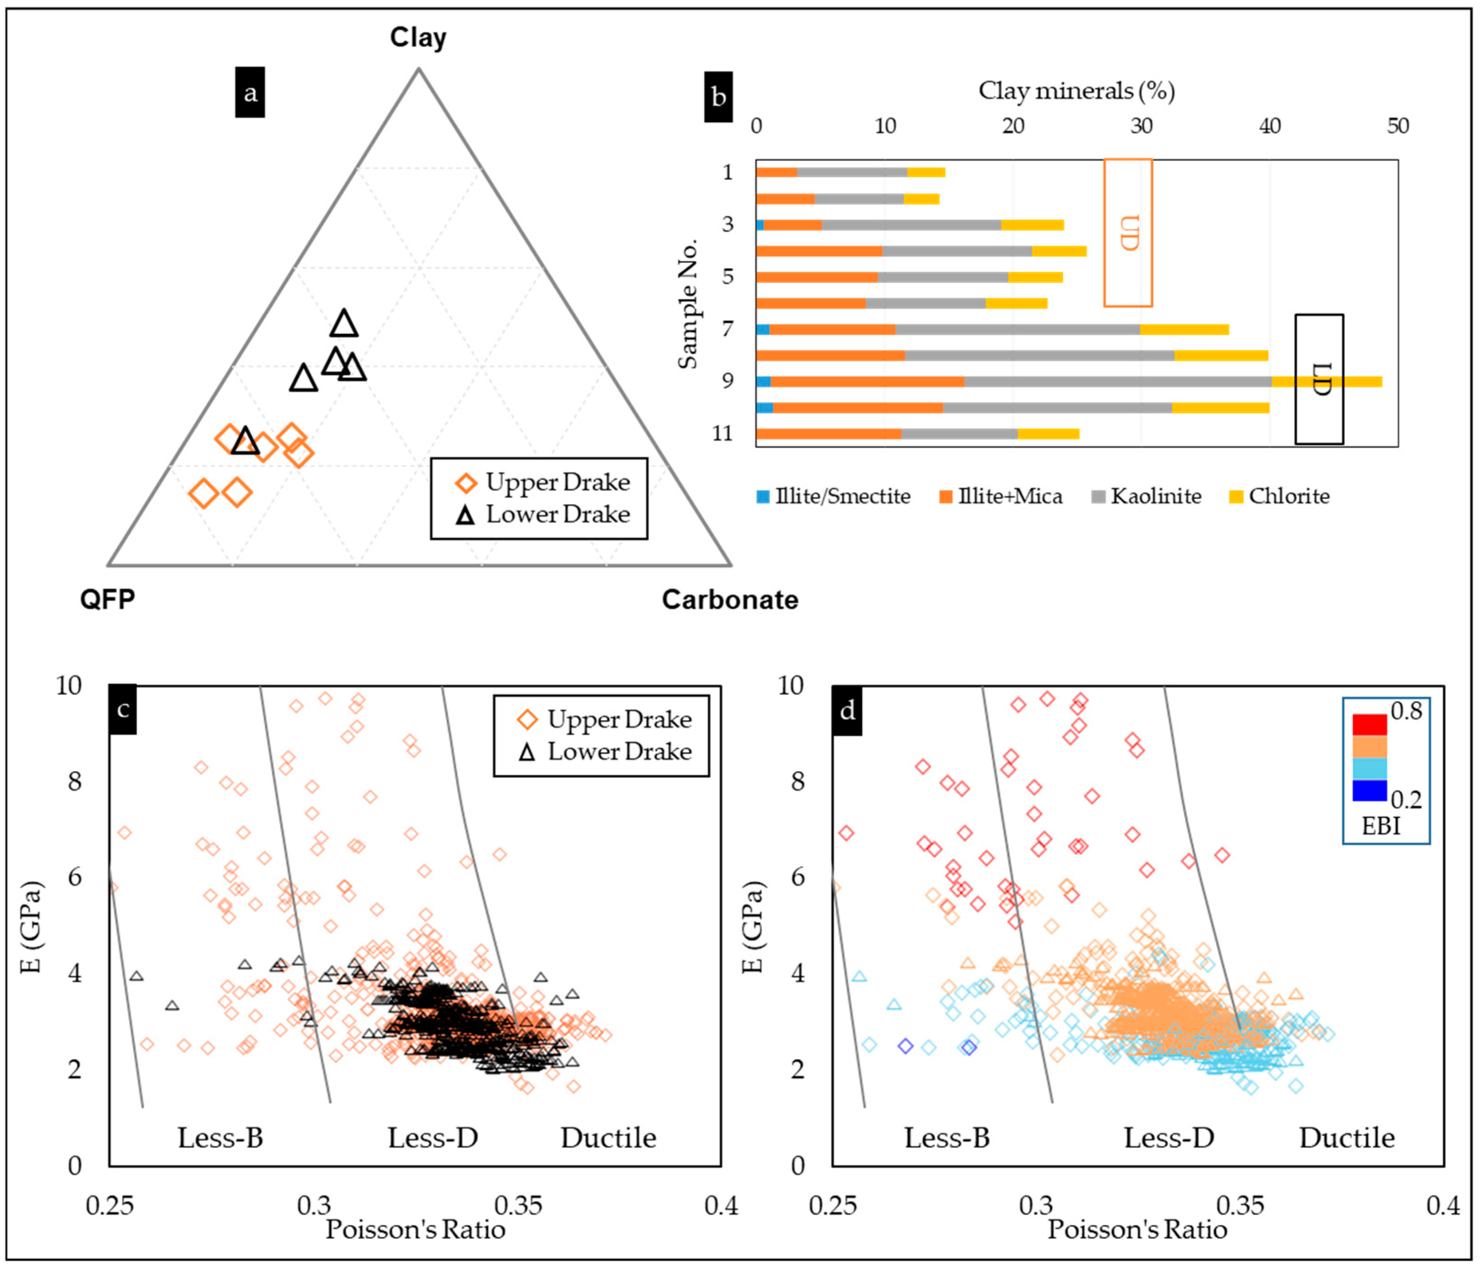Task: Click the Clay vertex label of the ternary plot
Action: pos(418,37)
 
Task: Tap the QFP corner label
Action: pos(107,598)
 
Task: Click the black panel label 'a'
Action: pos(250,92)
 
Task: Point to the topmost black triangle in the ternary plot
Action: pos(344,323)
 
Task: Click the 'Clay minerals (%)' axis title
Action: pos(1076,91)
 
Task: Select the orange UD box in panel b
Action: pos(1128,233)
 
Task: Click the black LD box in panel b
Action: pos(1320,379)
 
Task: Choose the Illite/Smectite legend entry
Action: pos(834,496)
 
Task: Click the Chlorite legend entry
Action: pos(1279,496)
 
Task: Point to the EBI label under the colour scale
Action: pos(1381,826)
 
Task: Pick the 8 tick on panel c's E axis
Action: pos(75,781)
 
